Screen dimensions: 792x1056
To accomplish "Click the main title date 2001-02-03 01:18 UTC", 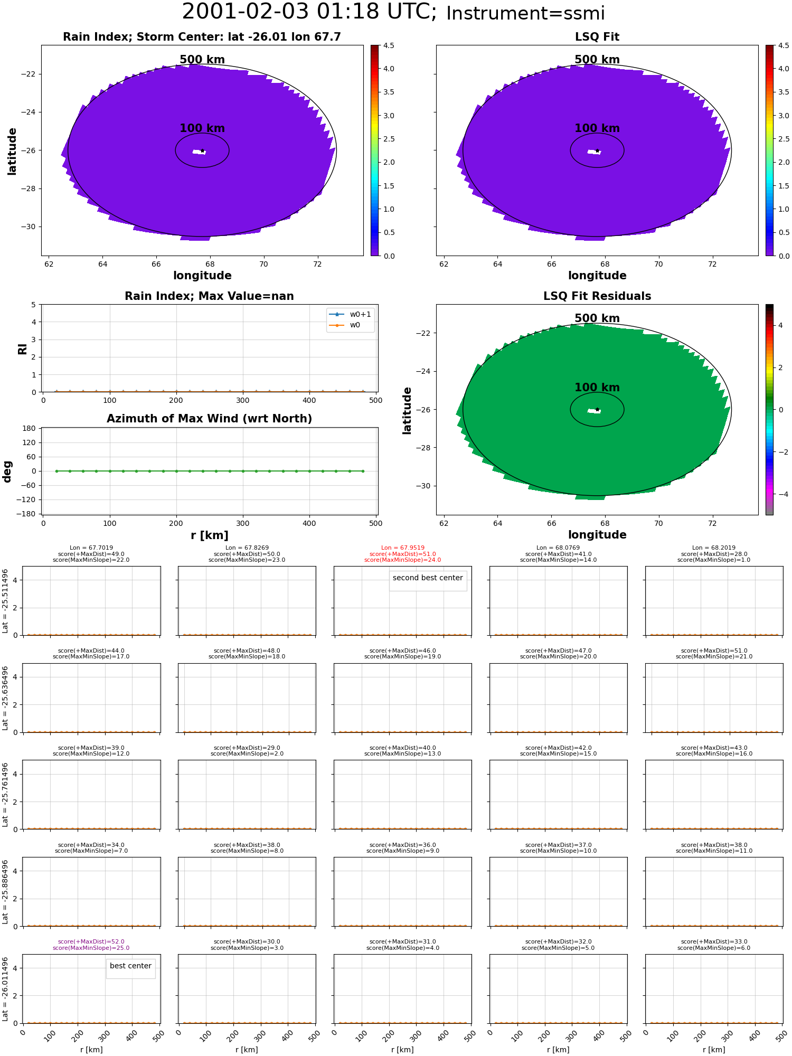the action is (309, 12).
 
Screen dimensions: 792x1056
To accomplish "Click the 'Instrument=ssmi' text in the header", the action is (525, 14).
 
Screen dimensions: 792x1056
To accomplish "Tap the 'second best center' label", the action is (428, 578).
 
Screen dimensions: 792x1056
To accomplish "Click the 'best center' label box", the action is (130, 966).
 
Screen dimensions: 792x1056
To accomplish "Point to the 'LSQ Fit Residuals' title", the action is (597, 296).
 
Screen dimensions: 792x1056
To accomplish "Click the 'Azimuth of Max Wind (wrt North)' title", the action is (209, 419).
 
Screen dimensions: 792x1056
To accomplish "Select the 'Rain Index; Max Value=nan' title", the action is (209, 296).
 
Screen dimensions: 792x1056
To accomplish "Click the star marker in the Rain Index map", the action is (202, 150).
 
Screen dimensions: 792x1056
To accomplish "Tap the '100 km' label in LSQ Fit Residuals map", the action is (597, 388).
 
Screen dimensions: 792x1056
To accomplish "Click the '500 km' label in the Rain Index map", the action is (202, 60).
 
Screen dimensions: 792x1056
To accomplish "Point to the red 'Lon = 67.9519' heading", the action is (402, 548).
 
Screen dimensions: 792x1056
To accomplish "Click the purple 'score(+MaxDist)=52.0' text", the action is (91, 941).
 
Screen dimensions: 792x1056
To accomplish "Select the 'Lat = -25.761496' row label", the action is (5, 795).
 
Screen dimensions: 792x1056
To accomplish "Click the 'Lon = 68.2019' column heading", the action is (714, 548).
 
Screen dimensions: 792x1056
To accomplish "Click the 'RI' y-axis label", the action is (23, 348).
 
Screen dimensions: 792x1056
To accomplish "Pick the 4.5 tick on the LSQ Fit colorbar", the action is (784, 45).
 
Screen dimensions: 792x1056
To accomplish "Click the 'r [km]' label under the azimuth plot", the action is (210, 535).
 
